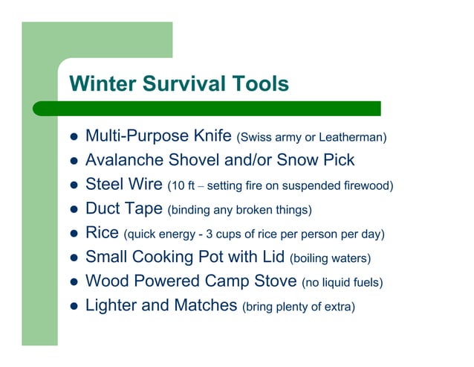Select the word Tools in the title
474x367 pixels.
click(x=263, y=84)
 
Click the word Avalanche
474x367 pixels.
click(x=123, y=160)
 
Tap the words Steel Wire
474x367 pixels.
click(x=125, y=184)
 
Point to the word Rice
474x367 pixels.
click(x=102, y=233)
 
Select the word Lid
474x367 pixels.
click(x=270, y=257)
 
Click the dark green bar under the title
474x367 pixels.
click(x=223, y=108)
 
